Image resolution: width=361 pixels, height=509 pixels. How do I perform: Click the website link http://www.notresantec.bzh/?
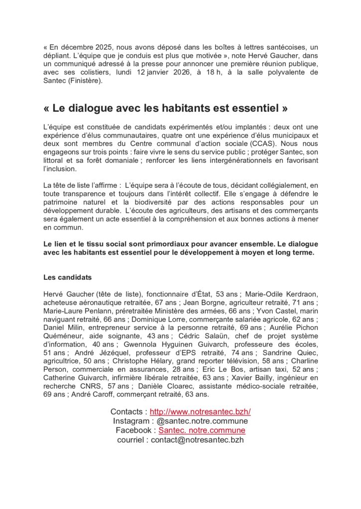tap(200, 412)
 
